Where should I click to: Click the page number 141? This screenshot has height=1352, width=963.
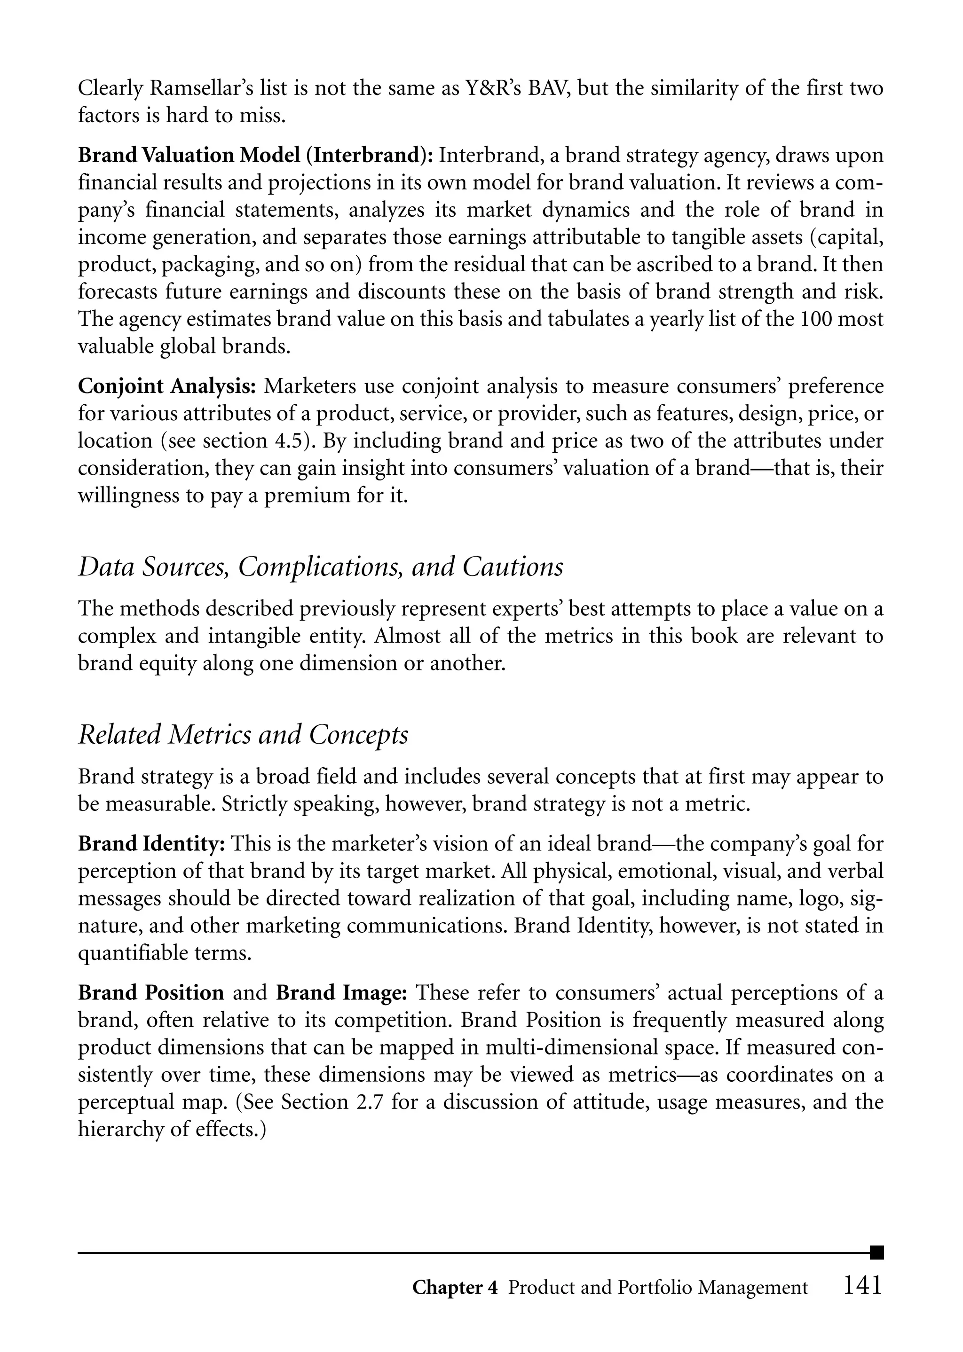click(x=862, y=1285)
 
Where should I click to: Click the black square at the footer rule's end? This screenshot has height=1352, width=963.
click(x=877, y=1252)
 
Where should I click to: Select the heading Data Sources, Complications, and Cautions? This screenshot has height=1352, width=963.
click(x=320, y=567)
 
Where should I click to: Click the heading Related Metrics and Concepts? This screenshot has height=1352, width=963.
click(x=243, y=735)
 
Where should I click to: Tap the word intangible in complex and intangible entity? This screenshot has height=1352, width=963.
click(x=257, y=636)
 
